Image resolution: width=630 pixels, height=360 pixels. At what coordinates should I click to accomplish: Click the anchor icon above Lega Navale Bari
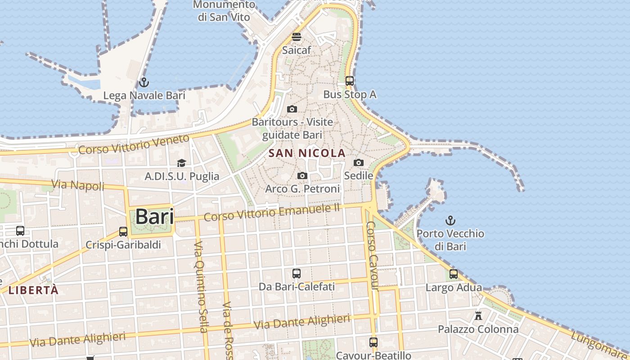tap(144, 82)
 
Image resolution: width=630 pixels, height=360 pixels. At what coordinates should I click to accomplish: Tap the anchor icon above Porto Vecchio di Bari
tap(450, 220)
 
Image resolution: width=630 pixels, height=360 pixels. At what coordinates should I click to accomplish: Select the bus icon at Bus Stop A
tap(350, 81)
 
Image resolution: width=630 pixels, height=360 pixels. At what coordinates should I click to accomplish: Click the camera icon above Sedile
tap(359, 162)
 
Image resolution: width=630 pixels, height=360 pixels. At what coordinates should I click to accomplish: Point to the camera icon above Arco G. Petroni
tap(302, 175)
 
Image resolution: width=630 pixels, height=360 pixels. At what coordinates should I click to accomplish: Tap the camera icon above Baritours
tap(292, 109)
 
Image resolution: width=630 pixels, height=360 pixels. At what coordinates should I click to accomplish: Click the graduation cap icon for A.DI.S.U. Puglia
tap(181, 163)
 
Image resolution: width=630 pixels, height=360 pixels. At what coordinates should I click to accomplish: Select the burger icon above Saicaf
tap(296, 37)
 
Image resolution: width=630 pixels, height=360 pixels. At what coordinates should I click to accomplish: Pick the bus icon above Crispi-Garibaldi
tap(123, 232)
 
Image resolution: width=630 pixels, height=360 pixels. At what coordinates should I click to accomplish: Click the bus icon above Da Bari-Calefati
tap(297, 273)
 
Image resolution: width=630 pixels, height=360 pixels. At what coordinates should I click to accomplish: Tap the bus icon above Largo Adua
tap(454, 274)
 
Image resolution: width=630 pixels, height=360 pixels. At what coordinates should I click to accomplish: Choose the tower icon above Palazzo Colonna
tap(478, 315)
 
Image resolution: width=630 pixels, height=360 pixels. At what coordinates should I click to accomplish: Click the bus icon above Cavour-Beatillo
tap(373, 342)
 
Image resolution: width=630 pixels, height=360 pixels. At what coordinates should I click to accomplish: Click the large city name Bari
tap(154, 217)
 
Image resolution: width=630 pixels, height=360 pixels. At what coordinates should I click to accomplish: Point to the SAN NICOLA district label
tap(307, 153)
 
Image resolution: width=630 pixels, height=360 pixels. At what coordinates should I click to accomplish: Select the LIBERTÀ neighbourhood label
tap(34, 290)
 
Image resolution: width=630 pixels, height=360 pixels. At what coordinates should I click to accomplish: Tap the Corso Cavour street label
tap(373, 256)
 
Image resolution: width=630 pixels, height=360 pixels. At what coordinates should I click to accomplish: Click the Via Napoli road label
tap(78, 185)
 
